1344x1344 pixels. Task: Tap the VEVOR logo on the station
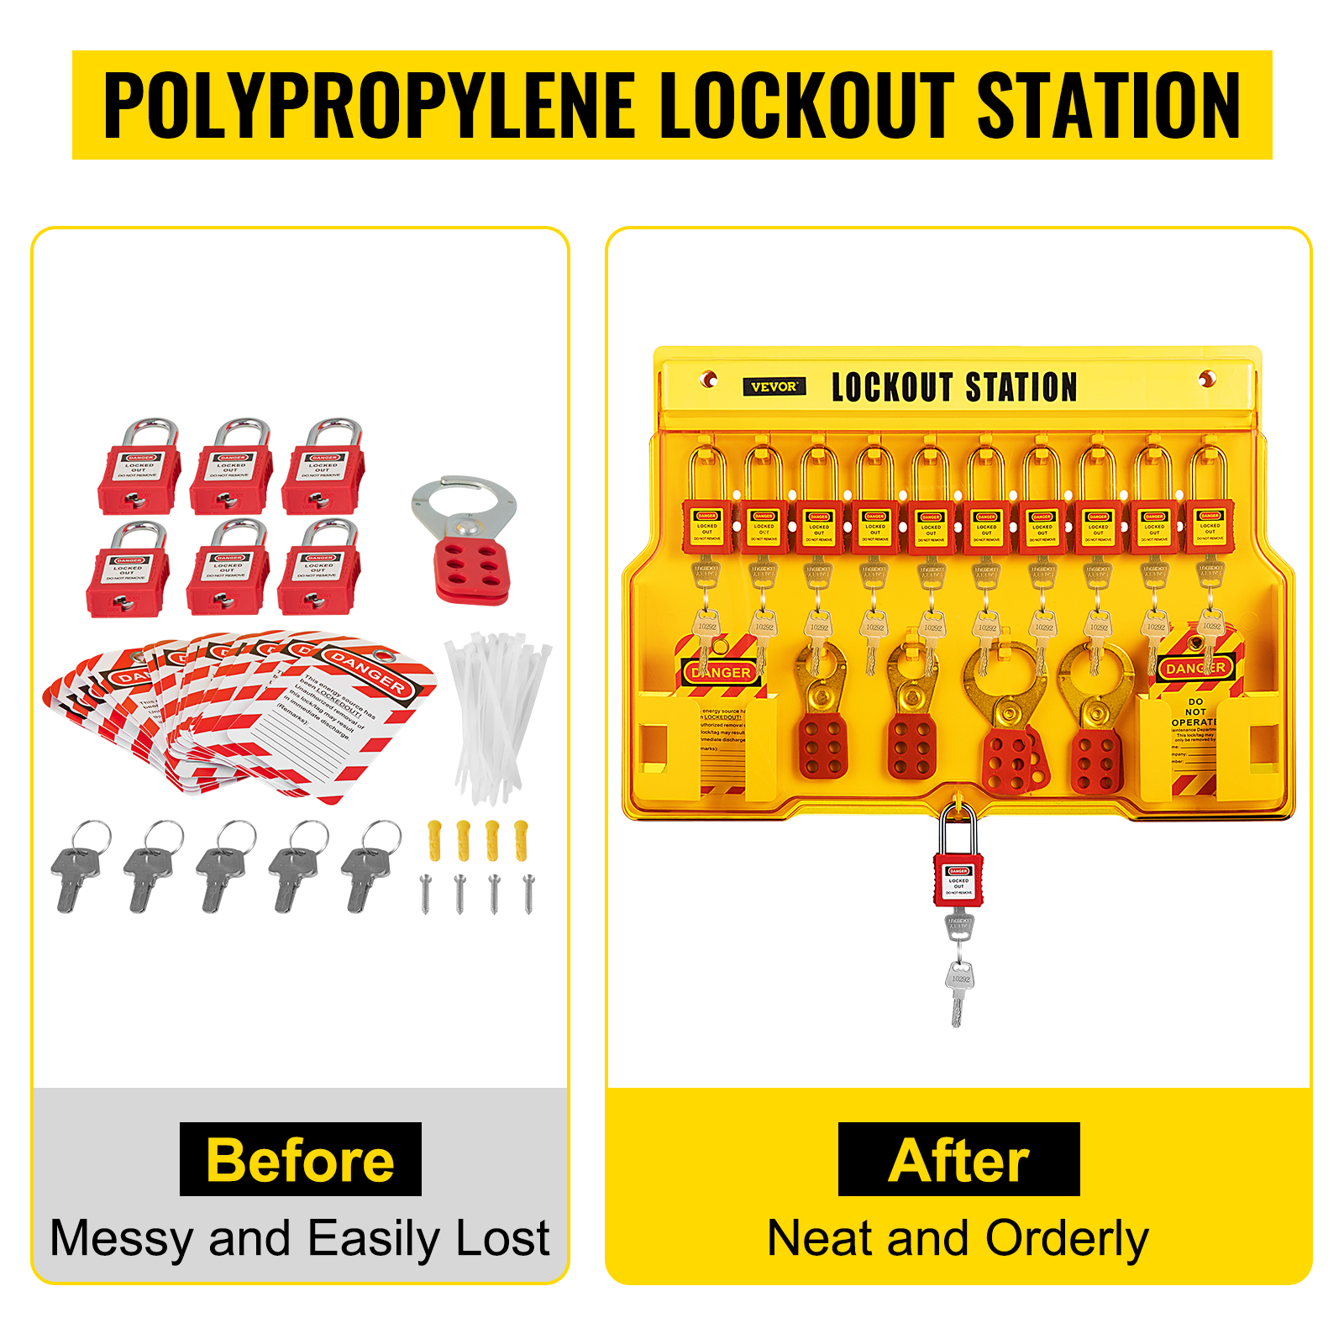(774, 386)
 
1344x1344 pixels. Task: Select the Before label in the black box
(300, 1160)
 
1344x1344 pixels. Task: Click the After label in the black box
(958, 1160)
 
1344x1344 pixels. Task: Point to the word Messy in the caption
(122, 1239)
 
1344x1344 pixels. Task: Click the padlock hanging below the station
(958, 874)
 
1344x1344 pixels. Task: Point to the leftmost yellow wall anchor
(434, 840)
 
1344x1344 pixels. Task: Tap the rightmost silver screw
(528, 893)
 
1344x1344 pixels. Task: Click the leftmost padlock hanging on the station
(707, 508)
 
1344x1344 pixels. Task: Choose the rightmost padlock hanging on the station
(1210, 508)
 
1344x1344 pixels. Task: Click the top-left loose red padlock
(140, 470)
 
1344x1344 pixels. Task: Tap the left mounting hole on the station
(709, 380)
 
